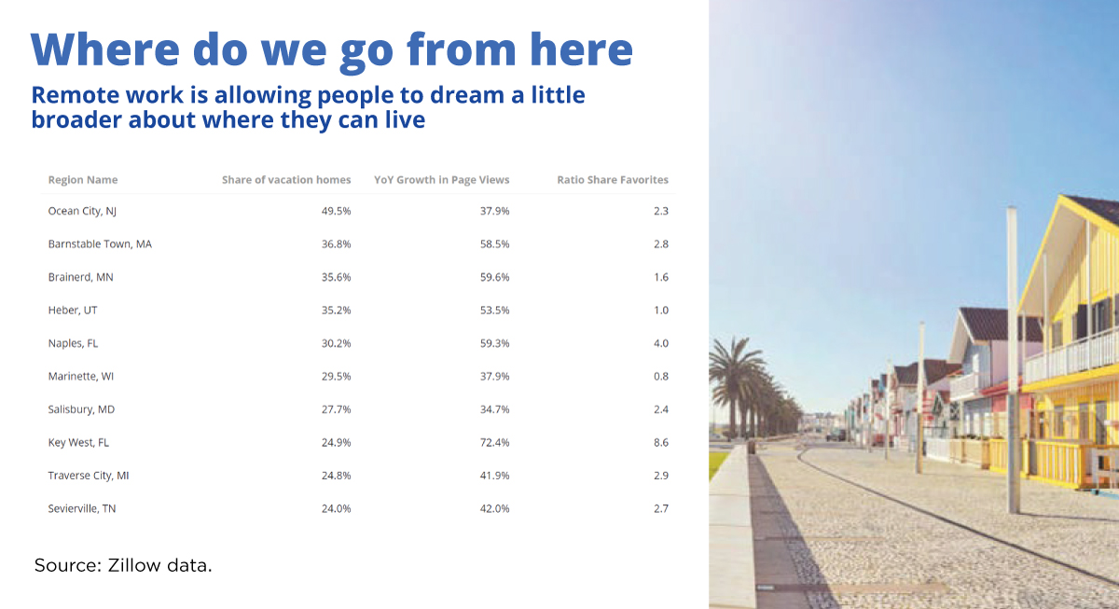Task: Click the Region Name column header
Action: click(x=83, y=180)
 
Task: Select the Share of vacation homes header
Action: click(x=286, y=180)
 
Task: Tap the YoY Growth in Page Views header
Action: click(x=442, y=180)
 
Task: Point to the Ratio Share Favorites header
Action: click(x=613, y=180)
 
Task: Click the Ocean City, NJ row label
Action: click(x=82, y=212)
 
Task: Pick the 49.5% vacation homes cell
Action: click(x=337, y=211)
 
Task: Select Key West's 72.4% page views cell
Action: click(x=494, y=442)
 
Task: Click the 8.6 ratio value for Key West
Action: click(x=661, y=442)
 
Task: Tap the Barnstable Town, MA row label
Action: click(x=100, y=243)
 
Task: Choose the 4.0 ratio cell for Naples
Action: click(x=661, y=343)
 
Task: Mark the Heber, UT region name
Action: click(x=73, y=311)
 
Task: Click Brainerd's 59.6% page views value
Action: click(x=494, y=277)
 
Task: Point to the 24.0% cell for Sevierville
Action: click(x=337, y=508)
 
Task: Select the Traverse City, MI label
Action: click(x=89, y=476)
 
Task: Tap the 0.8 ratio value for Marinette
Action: click(x=661, y=376)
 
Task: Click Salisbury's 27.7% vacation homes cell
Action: click(x=337, y=409)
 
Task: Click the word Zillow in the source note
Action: click(x=134, y=565)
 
